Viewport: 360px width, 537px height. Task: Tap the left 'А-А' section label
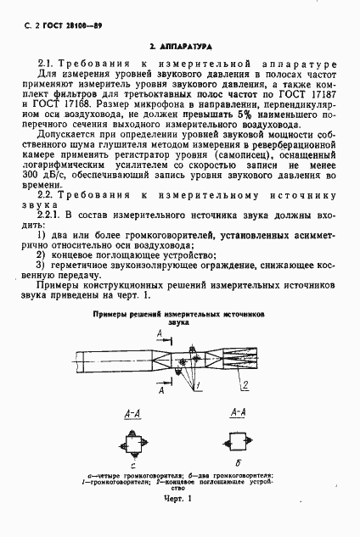click(x=133, y=412)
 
